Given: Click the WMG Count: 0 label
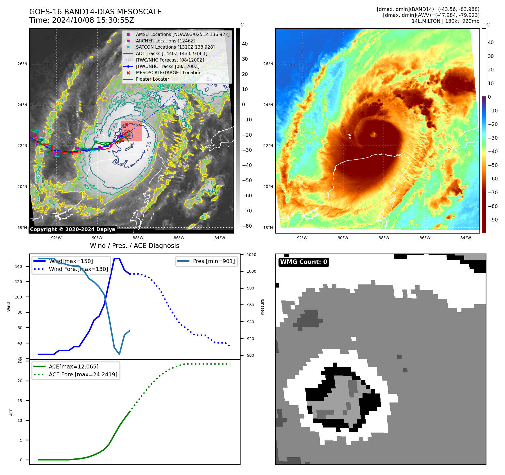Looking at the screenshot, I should click(x=304, y=262).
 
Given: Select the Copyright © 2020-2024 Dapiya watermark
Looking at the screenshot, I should click(x=73, y=229).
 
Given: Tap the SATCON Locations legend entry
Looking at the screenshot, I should click(x=175, y=47).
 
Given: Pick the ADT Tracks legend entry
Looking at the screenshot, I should click(x=171, y=53).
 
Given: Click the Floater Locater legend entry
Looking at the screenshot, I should click(x=152, y=79).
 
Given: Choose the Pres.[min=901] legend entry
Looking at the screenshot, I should click(x=214, y=261).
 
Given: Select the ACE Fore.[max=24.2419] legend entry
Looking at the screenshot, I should click(x=83, y=374).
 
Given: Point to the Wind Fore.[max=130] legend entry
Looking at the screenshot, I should click(x=78, y=269).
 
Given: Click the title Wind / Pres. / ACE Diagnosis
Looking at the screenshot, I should click(x=134, y=246).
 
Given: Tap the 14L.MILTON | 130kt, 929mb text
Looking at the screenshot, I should click(x=445, y=21).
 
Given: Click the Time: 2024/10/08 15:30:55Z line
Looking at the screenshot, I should click(x=81, y=21).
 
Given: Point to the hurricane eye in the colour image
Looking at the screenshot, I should click(x=373, y=134).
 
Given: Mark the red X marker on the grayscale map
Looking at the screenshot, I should click(x=126, y=125).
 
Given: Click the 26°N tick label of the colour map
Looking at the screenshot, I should click(x=268, y=64).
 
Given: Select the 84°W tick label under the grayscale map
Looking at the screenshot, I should click(x=219, y=238).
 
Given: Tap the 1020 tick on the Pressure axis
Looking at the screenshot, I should click(x=252, y=255).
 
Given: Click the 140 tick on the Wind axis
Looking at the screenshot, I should click(x=19, y=266).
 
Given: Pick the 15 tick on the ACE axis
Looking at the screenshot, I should click(x=20, y=401).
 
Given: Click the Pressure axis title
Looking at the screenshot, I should click(x=262, y=307).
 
